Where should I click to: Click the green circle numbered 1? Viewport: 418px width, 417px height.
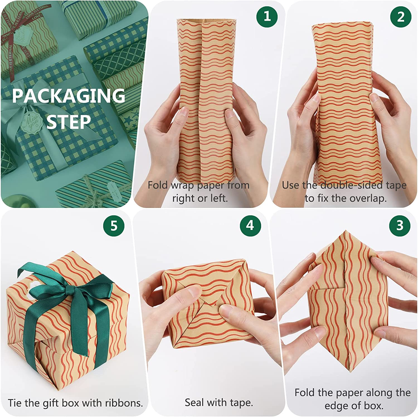pyautogui.click(x=267, y=16)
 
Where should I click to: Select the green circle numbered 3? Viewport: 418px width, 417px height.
pyautogui.click(x=400, y=225)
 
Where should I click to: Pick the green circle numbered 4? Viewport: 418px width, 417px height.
pyautogui.click(x=250, y=225)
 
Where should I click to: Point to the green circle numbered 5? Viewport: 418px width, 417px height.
pyautogui.click(x=114, y=226)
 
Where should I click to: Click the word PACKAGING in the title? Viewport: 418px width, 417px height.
pyautogui.click(x=69, y=96)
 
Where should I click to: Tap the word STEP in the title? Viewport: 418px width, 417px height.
pyautogui.click(x=69, y=122)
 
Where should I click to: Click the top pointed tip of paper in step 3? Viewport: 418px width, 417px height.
pyautogui.click(x=344, y=231)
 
